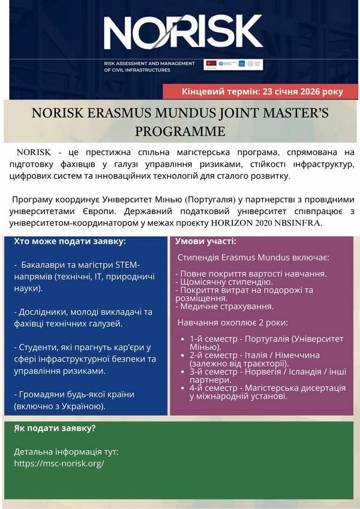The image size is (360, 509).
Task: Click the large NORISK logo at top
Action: [183, 33]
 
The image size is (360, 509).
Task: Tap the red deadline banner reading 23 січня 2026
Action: [262, 92]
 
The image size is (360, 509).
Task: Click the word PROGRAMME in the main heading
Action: [180, 131]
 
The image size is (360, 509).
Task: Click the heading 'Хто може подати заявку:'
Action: [70, 241]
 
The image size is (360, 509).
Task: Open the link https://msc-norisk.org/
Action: [59, 463]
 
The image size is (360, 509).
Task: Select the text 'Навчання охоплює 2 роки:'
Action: [232, 323]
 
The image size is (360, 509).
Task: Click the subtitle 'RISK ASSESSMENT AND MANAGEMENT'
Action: [149, 63]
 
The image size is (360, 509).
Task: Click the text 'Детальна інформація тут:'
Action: [66, 451]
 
